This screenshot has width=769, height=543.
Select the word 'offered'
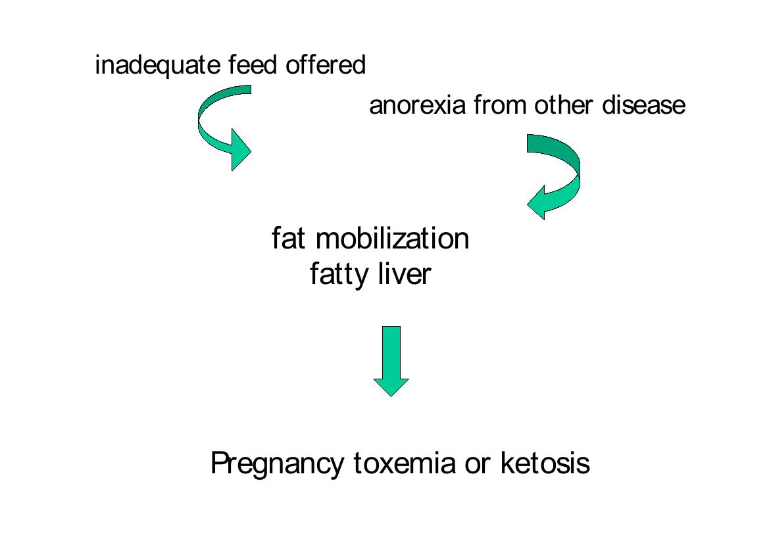pos(326,66)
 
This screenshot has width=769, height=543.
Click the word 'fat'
pos(289,238)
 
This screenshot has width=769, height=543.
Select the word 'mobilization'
pos(393,238)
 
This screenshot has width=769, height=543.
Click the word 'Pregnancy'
pos(278,464)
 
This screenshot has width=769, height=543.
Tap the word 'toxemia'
pos(405,463)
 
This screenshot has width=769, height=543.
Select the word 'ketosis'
pos(545,463)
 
